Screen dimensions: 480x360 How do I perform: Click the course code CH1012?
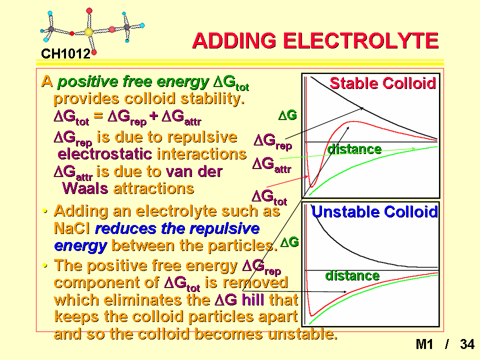pyautogui.click(x=65, y=54)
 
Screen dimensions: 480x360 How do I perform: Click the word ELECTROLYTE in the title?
pyautogui.click(x=360, y=40)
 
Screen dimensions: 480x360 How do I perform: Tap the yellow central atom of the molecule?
pyautogui.click(x=88, y=32)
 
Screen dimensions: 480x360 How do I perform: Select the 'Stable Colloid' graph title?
pyautogui.click(x=382, y=83)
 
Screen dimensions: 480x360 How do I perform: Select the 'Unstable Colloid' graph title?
pyautogui.click(x=374, y=211)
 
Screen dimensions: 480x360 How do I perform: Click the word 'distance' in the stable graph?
pyautogui.click(x=354, y=149)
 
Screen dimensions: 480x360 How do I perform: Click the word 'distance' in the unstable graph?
pyautogui.click(x=352, y=275)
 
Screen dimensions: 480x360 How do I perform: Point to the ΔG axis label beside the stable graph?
pyautogui.click(x=287, y=115)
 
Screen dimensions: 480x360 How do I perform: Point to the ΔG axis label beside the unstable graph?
pyautogui.click(x=289, y=242)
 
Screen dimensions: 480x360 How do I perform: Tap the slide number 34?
pyautogui.click(x=467, y=344)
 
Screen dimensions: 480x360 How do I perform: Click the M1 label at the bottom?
pyautogui.click(x=424, y=344)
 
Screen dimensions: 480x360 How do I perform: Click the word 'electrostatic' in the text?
pyautogui.click(x=104, y=153)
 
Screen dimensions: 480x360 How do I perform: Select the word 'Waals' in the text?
pyautogui.click(x=85, y=188)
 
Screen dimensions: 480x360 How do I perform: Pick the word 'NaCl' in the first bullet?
pyautogui.click(x=71, y=228)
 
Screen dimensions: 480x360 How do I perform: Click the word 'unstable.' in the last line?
pyautogui.click(x=302, y=333)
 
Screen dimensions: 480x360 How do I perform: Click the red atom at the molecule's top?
pyautogui.click(x=89, y=11)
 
